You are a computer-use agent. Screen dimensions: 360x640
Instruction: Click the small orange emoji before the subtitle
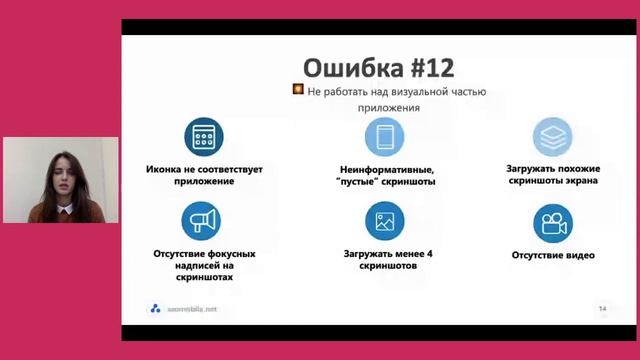tap(297, 90)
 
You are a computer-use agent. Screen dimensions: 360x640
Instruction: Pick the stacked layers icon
tap(552, 135)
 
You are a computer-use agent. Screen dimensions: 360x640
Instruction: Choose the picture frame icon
tap(384, 221)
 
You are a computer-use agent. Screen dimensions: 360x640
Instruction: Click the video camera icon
tap(552, 221)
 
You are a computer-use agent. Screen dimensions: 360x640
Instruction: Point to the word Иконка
tap(168, 169)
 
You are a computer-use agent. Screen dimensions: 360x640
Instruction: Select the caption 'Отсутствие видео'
tap(553, 255)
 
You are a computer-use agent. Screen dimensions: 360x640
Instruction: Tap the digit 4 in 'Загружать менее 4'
tap(429, 254)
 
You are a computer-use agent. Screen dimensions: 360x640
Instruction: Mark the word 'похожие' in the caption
tap(571, 169)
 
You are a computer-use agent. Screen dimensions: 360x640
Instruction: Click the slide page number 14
tap(602, 308)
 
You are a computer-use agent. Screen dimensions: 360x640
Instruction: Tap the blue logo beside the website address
tap(155, 309)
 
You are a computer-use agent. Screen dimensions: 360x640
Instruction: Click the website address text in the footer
tap(191, 309)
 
